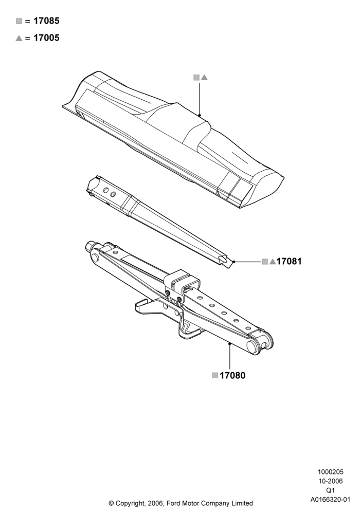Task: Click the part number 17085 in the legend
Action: [x=47, y=21]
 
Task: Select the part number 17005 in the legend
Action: [x=47, y=38]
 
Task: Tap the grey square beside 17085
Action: [x=19, y=21]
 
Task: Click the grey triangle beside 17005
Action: [x=19, y=38]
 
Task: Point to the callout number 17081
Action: [x=289, y=261]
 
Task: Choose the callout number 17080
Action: [x=232, y=375]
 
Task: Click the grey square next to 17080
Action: [x=215, y=375]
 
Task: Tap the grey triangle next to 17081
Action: [x=273, y=262]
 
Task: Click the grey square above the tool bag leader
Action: [x=196, y=78]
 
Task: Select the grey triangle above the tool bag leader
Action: [x=204, y=78]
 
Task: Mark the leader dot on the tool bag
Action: [x=200, y=115]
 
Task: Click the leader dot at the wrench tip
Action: [x=234, y=262]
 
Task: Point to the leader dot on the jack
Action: [x=230, y=343]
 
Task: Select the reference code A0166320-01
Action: [x=330, y=500]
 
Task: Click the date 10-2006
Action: [x=330, y=481]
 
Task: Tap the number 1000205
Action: [x=330, y=472]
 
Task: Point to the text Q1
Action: [x=330, y=490]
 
